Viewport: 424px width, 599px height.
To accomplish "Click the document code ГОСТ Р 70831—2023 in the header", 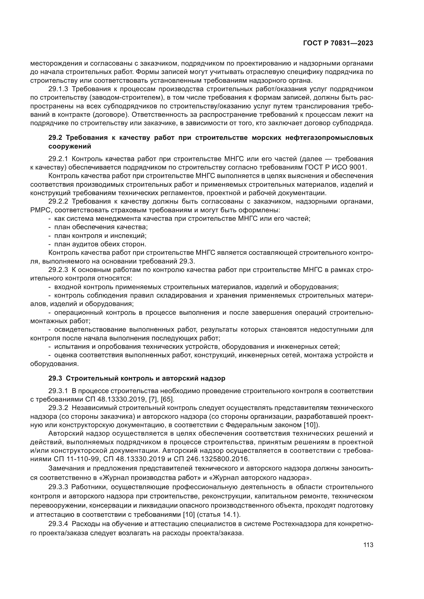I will (x=338, y=43).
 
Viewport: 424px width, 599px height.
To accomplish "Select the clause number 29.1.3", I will (x=58, y=89).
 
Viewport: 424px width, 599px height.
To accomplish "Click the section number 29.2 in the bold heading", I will (x=55, y=138).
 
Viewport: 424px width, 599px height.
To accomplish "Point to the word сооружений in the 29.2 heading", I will (x=70, y=146).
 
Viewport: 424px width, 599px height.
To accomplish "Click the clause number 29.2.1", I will (x=58, y=159).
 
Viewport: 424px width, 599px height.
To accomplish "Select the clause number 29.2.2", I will (x=58, y=201).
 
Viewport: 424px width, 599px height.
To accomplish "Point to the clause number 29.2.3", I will (x=58, y=270).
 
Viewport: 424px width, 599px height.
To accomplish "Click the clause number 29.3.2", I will (x=58, y=408).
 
